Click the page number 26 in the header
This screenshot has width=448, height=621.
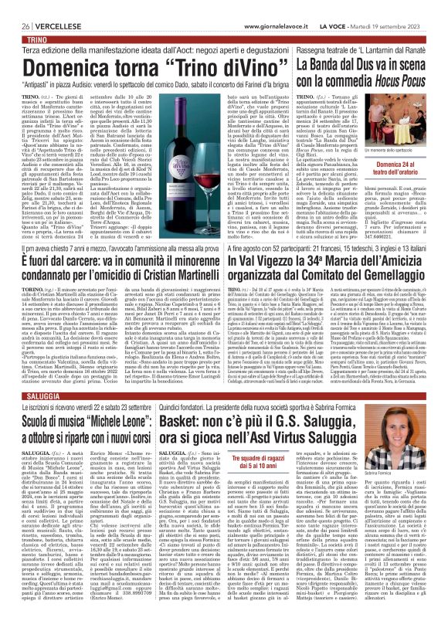[x=15, y=6]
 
